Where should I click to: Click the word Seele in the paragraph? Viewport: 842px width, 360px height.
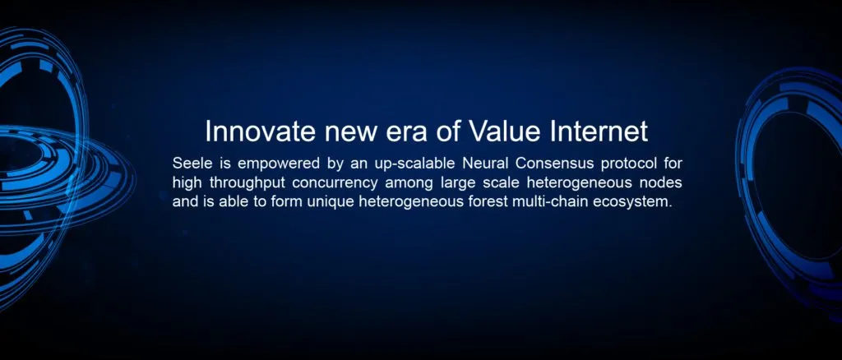(189, 163)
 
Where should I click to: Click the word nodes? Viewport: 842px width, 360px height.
(664, 182)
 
